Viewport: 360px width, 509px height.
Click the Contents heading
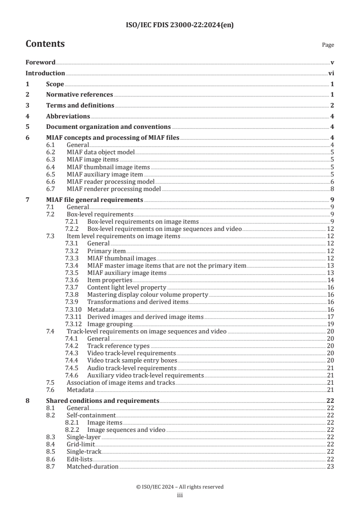(x=45, y=44)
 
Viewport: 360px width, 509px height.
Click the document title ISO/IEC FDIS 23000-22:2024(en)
(x=180, y=24)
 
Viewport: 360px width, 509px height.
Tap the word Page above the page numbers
(x=328, y=45)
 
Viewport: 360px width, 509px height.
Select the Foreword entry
(x=40, y=63)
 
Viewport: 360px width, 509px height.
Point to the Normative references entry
(x=79, y=94)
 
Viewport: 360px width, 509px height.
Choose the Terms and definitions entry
(x=80, y=105)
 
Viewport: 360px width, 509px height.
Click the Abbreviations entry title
(x=68, y=116)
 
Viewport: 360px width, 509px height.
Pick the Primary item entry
(x=106, y=251)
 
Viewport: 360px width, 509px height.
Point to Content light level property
(x=127, y=287)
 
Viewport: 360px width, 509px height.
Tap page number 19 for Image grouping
(x=330, y=324)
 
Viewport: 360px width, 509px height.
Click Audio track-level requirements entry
(x=132, y=367)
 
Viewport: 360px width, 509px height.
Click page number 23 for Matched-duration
(x=330, y=466)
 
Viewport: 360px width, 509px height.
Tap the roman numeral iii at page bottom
(x=180, y=495)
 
